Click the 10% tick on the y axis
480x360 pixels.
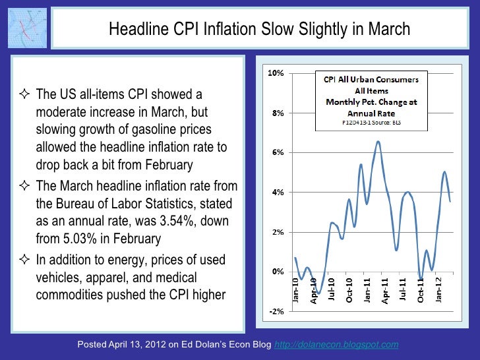276,73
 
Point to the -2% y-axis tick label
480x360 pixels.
276,312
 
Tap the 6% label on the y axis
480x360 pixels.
278,152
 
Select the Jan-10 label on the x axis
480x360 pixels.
295,289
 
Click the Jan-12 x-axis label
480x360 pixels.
438,289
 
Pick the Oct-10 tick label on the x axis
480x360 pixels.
349,289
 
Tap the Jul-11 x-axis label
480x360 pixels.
403,289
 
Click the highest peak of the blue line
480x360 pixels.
378,141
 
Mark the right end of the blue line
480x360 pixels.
450,201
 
